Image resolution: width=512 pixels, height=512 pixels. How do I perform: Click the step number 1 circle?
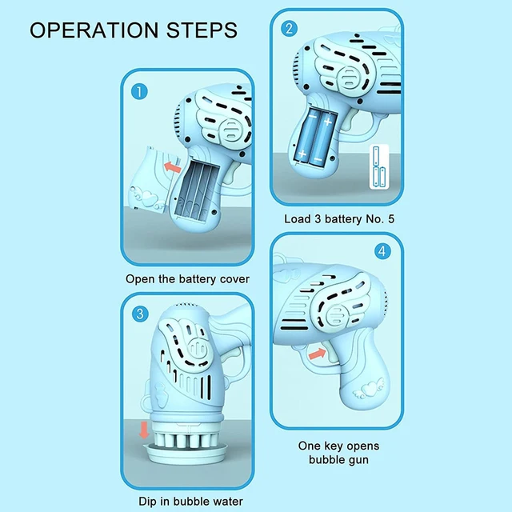coord(141,91)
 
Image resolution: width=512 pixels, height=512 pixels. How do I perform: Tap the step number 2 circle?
coord(290,29)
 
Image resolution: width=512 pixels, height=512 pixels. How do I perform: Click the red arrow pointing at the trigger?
coord(317,352)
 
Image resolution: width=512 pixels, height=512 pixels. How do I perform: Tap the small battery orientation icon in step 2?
coord(378,167)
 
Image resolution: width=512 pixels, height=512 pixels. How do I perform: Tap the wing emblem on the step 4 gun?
coord(320,304)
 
